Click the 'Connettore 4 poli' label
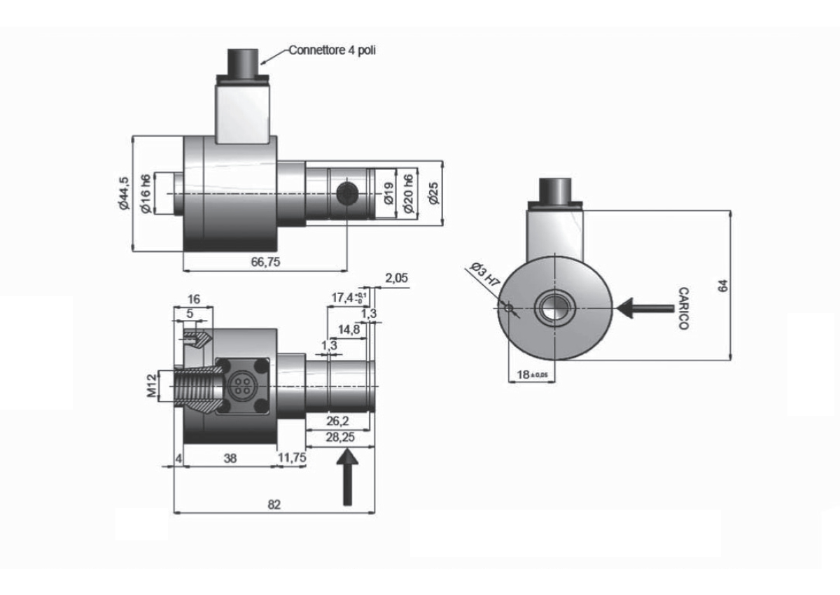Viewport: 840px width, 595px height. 332,50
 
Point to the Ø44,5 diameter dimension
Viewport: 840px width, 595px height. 123,193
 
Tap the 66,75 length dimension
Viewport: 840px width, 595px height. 265,262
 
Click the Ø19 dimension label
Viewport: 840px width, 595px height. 389,193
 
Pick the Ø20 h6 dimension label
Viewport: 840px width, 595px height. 408,193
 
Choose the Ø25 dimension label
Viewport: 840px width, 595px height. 433,193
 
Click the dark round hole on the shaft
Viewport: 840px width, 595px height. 347,193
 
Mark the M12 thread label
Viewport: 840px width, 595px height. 151,386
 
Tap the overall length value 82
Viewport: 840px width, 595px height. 274,505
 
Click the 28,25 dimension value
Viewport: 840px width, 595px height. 340,437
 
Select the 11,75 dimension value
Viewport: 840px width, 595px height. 292,458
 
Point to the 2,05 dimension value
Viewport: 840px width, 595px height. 396,278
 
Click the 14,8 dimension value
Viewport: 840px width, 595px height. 349,330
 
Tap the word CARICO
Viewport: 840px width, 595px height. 684,309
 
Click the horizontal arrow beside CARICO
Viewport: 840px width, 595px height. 645,309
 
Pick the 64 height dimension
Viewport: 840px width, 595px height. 722,286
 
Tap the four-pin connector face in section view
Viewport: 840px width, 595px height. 243,386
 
